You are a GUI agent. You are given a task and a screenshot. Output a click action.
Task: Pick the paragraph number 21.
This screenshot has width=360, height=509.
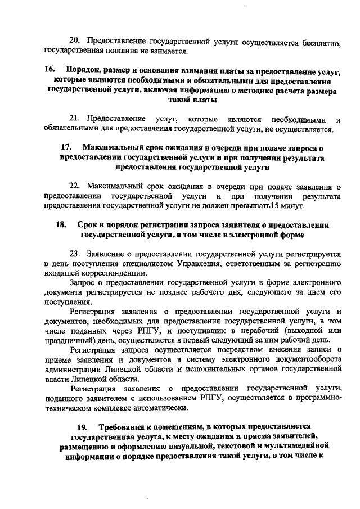click(75, 119)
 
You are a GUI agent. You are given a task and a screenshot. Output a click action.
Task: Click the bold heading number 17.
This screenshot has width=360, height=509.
click(66, 147)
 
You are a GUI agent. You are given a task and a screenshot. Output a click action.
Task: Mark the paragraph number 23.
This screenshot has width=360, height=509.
click(75, 253)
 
